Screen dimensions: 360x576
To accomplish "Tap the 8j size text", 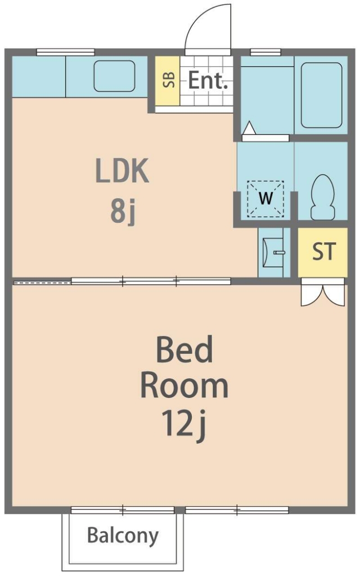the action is tap(123, 212).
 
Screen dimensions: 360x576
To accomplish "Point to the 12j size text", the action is tap(184, 424).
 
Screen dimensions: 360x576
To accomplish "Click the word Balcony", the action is tap(123, 535).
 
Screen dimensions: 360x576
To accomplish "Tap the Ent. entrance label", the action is tap(208, 80).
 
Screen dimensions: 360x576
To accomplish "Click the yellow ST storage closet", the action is tap(322, 252).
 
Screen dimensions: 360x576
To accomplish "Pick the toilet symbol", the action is tap(323, 197).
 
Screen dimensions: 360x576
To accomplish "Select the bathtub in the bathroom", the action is tap(321, 95).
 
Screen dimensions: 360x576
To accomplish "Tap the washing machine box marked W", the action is tap(265, 199).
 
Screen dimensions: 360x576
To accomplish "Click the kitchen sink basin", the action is tap(114, 76).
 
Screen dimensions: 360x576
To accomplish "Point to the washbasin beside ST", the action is tap(274, 253).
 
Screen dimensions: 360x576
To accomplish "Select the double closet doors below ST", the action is tap(323, 292).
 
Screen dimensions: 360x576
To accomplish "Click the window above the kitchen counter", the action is tap(66, 52).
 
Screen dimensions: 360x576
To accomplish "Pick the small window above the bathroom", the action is tap(265, 52).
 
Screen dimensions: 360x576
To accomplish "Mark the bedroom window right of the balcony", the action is tap(237, 510).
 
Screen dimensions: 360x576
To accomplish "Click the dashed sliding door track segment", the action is tap(42, 282).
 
